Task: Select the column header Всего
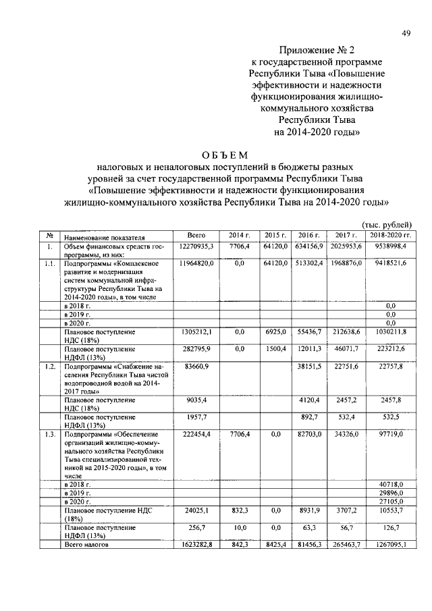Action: [x=196, y=235]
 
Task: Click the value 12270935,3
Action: [x=196, y=247]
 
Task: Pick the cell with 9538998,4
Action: [x=390, y=247]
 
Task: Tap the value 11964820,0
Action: [x=196, y=263]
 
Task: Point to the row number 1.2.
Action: [x=49, y=365]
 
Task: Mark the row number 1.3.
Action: [x=49, y=433]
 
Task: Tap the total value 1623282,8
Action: [x=196, y=543]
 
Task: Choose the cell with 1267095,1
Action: [x=390, y=543]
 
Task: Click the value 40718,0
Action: [x=390, y=485]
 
